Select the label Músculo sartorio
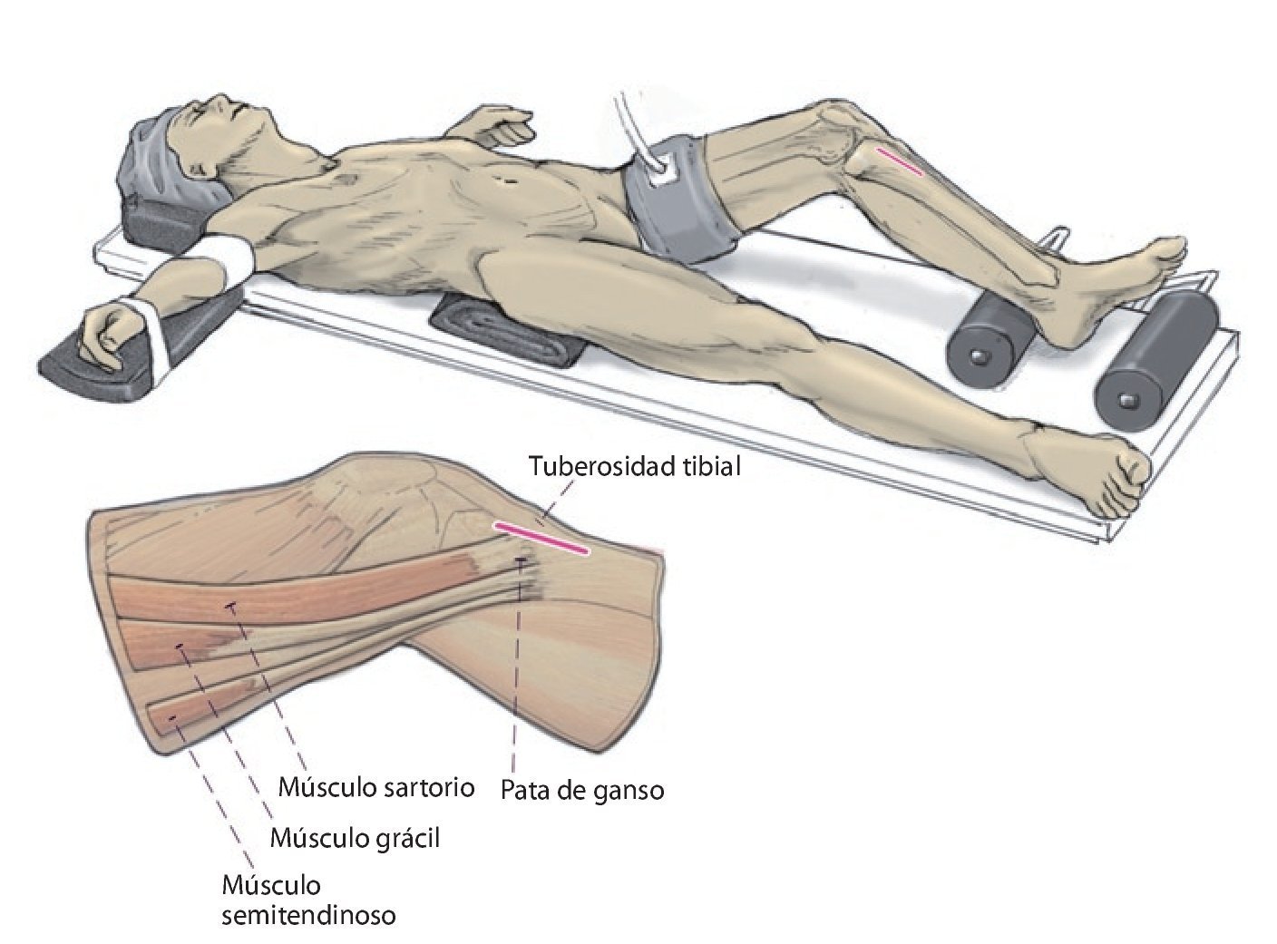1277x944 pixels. point(375,786)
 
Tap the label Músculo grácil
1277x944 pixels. point(355,838)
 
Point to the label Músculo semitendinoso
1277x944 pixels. point(308,900)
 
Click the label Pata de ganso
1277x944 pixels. point(582,790)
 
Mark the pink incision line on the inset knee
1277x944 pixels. point(541,537)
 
